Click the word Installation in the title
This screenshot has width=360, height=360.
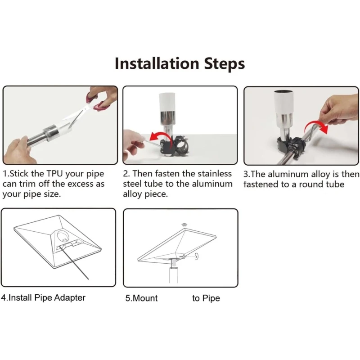point(157,63)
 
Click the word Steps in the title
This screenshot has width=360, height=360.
point(225,64)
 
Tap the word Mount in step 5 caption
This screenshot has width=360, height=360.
point(145,298)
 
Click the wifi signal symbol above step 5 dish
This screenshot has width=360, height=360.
point(184,224)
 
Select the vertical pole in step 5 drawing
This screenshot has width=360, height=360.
point(174,275)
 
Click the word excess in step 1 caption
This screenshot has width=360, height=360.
point(80,184)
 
